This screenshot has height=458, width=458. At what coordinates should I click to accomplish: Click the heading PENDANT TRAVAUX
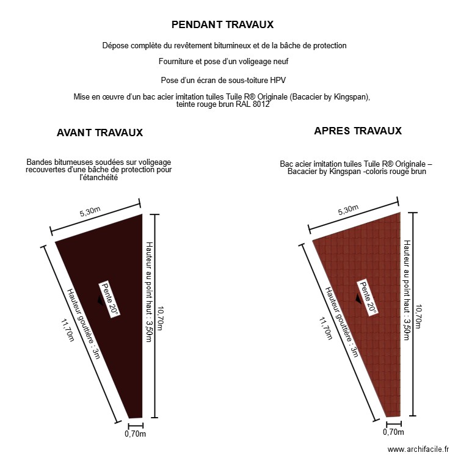point(222,24)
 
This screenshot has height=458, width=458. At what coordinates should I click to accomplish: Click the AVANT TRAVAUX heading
point(100,133)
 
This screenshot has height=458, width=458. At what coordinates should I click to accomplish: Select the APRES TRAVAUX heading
point(358,131)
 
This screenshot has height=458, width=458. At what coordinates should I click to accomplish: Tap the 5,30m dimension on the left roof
point(90,213)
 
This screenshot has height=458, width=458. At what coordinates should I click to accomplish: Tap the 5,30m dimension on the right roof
point(349,210)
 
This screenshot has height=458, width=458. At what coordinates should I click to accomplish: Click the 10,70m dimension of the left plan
point(160,318)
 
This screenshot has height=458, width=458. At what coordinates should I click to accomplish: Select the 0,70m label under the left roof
point(135,434)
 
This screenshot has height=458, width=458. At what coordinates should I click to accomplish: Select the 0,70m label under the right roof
point(393,432)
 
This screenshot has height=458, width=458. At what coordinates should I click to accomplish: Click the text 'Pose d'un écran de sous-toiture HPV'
point(224,80)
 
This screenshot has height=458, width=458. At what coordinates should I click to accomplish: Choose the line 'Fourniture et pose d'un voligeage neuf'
point(224,61)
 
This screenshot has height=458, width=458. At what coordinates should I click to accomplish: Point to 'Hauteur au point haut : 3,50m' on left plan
point(148,292)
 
